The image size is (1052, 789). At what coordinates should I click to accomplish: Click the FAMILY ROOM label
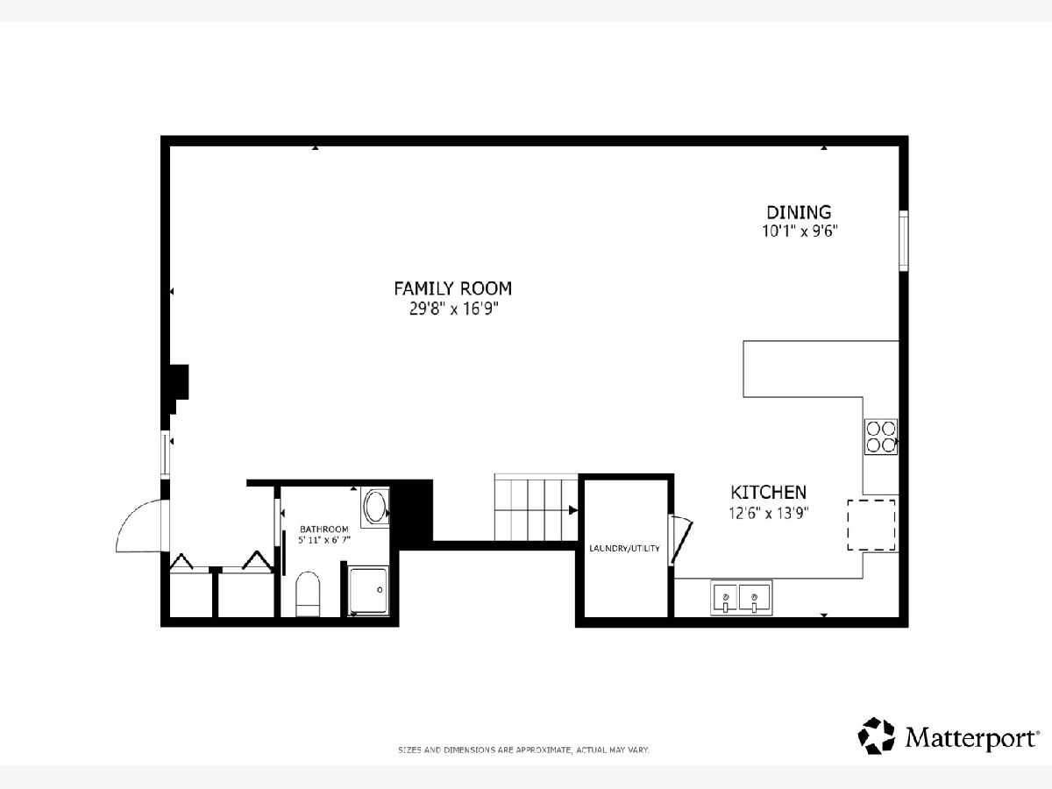pos(453,288)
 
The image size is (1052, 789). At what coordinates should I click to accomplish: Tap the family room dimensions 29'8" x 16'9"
pos(454,309)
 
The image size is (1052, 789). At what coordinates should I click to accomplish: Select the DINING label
pos(799,212)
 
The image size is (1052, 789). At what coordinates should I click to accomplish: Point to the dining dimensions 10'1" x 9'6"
pos(800,231)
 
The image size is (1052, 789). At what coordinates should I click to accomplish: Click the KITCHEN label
pos(768,492)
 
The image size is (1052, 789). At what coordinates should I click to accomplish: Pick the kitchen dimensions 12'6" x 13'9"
pos(769,513)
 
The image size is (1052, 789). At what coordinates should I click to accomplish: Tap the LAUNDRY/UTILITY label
pos(624,549)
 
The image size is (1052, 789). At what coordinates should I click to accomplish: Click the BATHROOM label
pos(324,530)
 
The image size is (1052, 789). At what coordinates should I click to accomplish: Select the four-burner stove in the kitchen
pos(881,437)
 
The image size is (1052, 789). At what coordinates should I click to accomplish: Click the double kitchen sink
pos(741,597)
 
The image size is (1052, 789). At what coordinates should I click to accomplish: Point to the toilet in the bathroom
pos(308,594)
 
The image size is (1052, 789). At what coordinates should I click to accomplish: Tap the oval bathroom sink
pos(375,508)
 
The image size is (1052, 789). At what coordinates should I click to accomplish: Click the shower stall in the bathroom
pos(367,590)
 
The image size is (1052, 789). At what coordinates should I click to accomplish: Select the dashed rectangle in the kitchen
pos(871,525)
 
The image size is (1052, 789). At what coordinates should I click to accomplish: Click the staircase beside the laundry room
pos(536,508)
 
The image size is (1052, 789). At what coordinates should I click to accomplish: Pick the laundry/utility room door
pos(681,539)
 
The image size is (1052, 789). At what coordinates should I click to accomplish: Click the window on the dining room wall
pos(904,240)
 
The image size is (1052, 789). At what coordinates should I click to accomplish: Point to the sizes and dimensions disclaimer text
pos(524,750)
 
